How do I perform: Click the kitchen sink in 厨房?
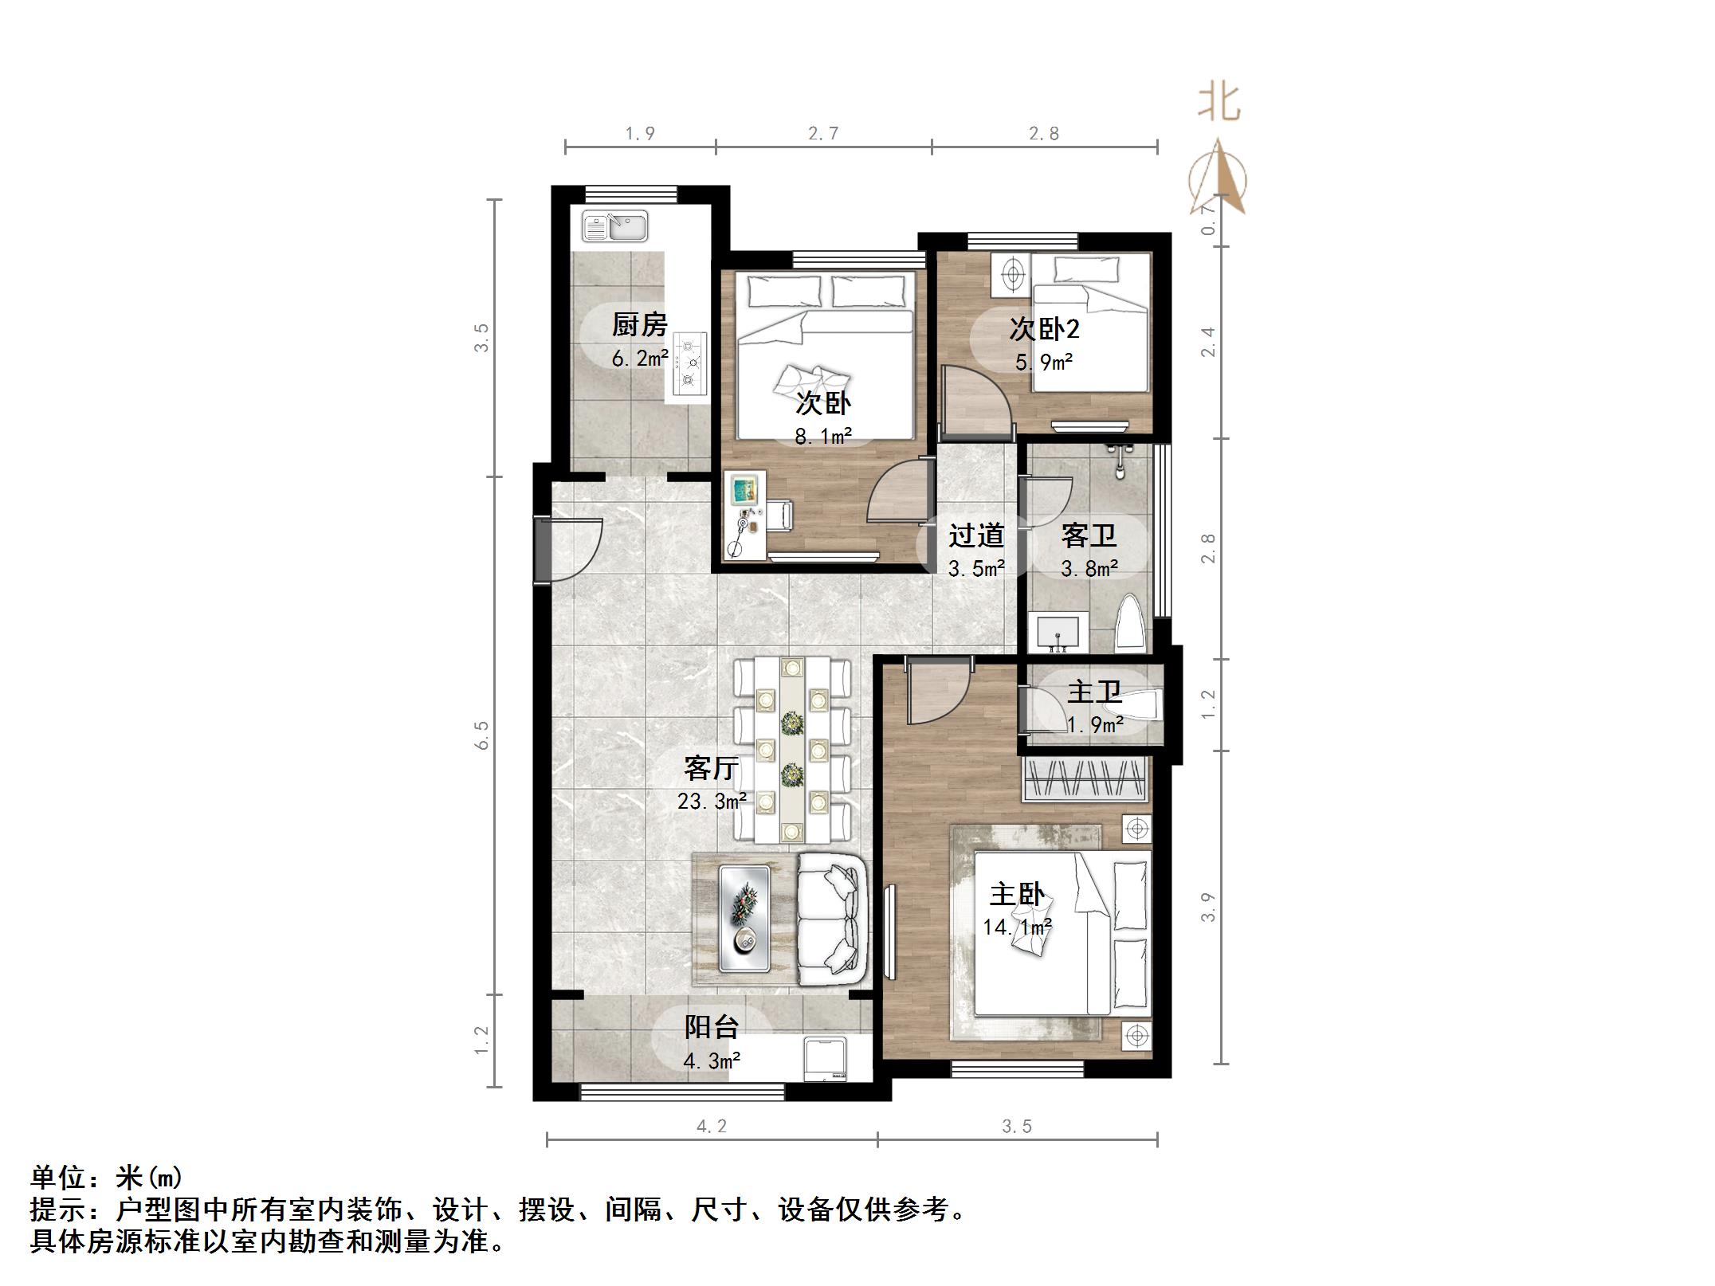614,226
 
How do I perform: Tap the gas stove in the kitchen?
689,364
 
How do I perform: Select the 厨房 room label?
639,325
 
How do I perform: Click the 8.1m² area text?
822,436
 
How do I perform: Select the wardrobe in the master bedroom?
1085,779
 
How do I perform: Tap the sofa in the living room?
833,919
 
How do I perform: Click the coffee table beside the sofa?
744,919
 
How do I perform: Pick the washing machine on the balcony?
826,1058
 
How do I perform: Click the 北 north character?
1219,103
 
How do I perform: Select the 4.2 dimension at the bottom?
712,1126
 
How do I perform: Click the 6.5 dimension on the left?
481,735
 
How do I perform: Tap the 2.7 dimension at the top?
823,133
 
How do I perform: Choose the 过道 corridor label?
975,535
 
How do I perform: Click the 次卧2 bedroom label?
1043,328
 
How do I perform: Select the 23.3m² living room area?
712,801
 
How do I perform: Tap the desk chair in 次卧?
779,515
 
